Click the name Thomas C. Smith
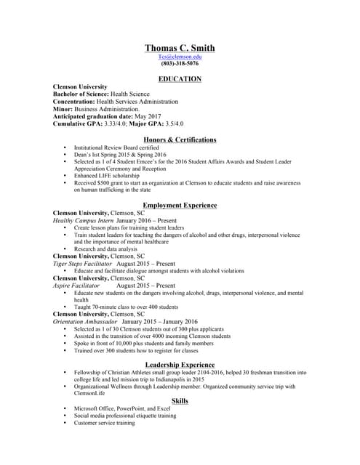point(180,48)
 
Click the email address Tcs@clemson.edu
point(180,57)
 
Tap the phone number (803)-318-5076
point(180,64)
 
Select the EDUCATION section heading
point(180,78)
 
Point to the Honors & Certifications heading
point(180,139)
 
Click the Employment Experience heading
point(180,206)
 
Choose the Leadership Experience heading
point(180,364)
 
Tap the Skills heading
point(180,400)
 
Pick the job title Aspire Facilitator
point(76,286)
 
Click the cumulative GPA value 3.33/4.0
point(114,124)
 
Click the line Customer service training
point(105,423)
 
